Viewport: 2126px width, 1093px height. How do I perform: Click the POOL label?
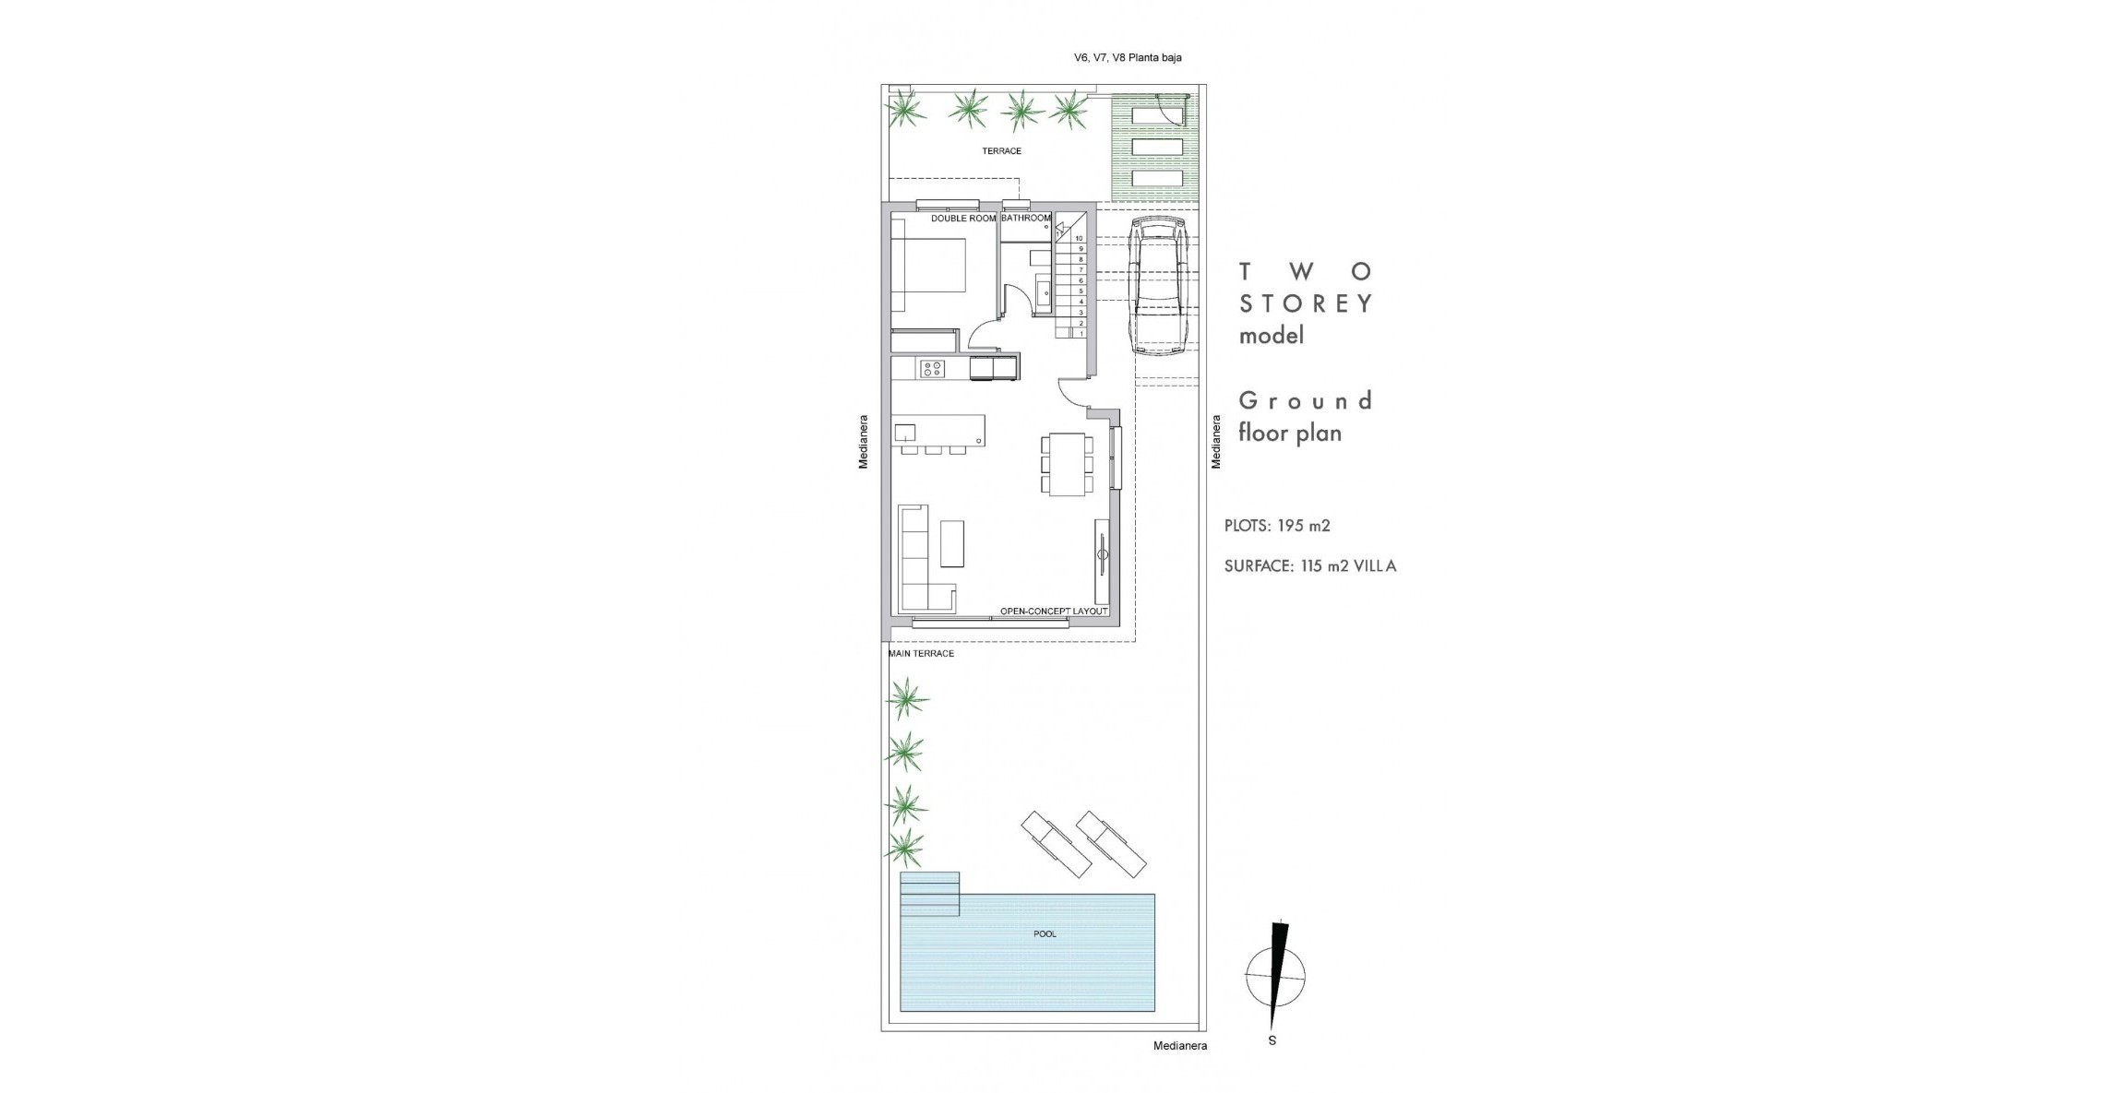1045,934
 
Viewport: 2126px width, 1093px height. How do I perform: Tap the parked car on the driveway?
1159,286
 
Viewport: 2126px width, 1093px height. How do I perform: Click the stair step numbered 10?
1078,238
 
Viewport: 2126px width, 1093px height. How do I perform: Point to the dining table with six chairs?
1068,464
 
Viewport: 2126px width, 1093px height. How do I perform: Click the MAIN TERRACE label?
920,653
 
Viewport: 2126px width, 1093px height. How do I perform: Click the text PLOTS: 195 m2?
1277,526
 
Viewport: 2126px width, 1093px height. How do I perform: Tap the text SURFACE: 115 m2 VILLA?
1309,566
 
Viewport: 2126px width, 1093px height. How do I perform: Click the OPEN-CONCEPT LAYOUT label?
1053,612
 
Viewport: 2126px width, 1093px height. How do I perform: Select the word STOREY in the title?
1306,303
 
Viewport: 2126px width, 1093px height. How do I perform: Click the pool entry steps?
929,895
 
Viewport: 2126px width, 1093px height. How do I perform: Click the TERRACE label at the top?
1001,150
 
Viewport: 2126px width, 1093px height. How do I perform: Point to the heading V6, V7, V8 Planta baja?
1127,57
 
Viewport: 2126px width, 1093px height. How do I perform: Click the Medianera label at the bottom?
1179,1046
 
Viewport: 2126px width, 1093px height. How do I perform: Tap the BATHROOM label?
1025,219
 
